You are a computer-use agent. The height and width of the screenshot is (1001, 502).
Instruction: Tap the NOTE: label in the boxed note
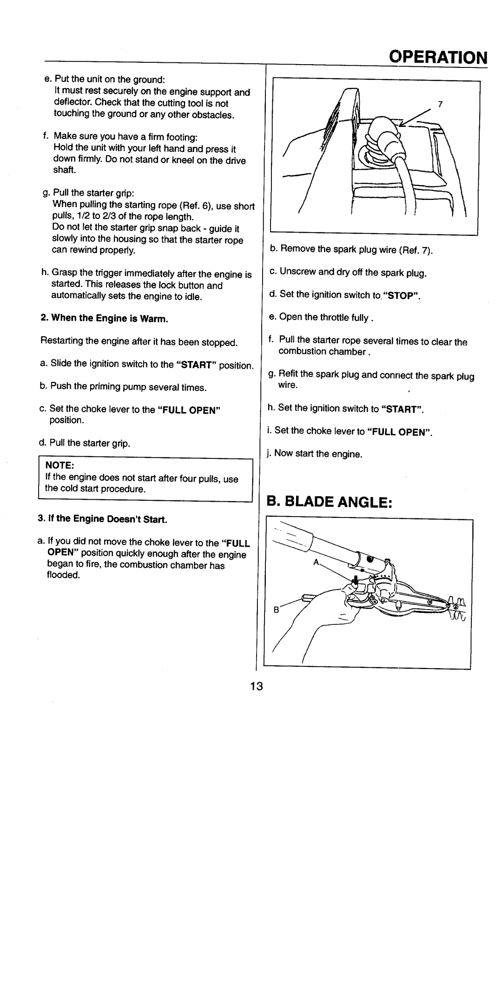pos(58,464)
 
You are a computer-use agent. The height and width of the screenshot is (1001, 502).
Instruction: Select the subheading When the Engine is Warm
pos(104,319)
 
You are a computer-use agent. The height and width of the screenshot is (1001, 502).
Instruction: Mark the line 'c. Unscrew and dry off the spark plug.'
pos(347,273)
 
